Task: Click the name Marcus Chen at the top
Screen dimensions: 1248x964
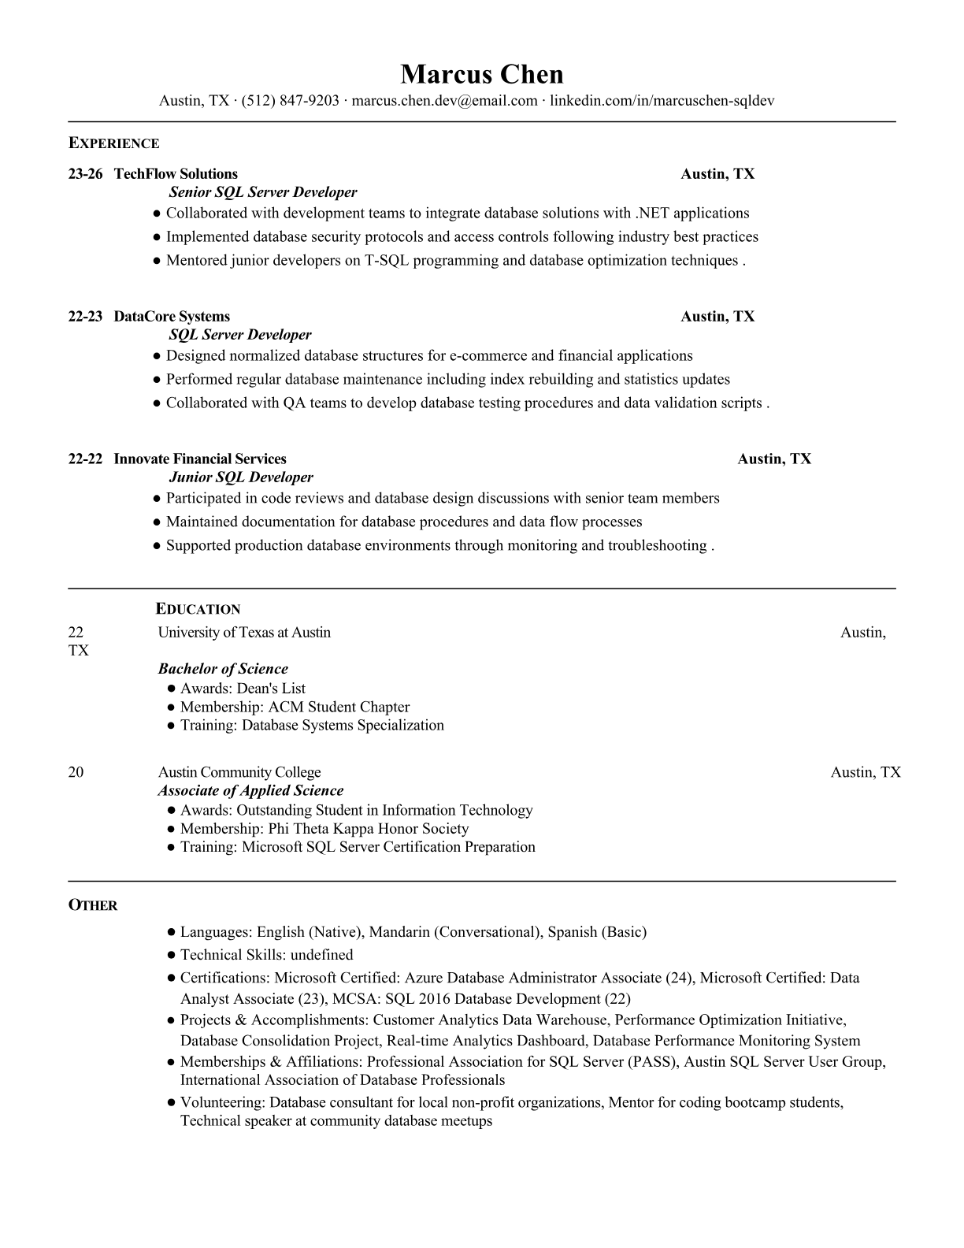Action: click(482, 75)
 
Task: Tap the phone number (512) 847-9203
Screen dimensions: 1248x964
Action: click(290, 101)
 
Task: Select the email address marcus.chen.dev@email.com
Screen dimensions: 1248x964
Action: click(444, 101)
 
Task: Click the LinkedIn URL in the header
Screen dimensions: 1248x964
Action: click(662, 101)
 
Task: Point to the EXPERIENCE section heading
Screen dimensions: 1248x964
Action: click(113, 143)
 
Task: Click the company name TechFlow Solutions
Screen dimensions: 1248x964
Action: click(176, 174)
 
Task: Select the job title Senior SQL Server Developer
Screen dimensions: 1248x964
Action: click(263, 192)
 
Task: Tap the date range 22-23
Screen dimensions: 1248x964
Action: click(85, 317)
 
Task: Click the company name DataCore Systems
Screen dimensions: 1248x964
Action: click(172, 317)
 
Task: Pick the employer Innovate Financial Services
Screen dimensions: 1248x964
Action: click(200, 459)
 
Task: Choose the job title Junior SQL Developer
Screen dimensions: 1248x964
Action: click(241, 477)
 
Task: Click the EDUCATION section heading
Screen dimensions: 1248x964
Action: click(198, 609)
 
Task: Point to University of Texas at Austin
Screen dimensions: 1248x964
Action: click(244, 633)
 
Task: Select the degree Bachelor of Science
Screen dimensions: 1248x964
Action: click(223, 669)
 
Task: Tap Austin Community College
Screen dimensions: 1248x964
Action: click(239, 772)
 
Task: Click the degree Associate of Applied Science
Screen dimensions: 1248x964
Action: click(250, 791)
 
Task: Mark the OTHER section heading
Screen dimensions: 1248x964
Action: click(93, 905)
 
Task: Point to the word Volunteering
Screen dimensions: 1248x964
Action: click(222, 1102)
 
